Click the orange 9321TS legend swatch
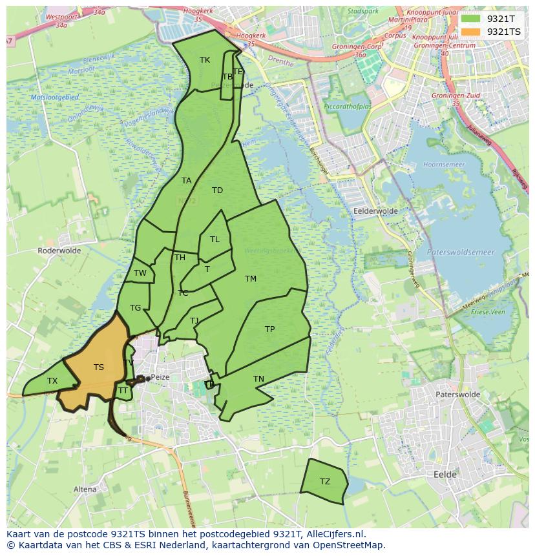471,32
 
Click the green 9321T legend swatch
471,19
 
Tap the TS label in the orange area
99,367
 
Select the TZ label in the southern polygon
325,482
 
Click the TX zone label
52,381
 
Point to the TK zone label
205,60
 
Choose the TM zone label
251,279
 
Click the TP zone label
270,329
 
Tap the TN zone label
258,379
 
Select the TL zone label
215,240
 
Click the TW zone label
140,273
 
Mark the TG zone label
135,308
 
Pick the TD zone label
217,190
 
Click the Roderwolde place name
58,251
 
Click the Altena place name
85,489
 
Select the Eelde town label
445,475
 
